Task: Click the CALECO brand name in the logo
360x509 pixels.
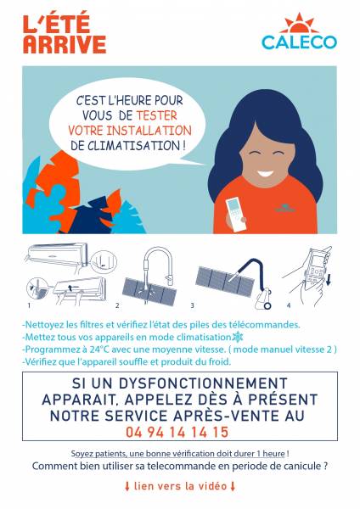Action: (299, 42)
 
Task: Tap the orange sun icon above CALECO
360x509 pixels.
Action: (299, 24)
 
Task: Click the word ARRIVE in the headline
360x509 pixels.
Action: (65, 44)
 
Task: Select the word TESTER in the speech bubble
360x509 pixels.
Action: (156, 115)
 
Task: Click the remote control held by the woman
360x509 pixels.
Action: (236, 215)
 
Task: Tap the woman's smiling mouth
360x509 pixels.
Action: (266, 173)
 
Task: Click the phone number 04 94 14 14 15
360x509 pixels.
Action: (177, 432)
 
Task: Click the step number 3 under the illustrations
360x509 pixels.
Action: (193, 305)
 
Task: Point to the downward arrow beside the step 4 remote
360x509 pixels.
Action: (328, 279)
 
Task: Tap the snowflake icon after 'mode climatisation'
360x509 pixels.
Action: (238, 337)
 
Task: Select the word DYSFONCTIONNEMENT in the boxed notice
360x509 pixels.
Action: (203, 383)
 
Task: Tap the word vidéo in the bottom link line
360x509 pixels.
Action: (212, 486)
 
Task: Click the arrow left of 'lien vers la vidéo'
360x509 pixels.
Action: (127, 486)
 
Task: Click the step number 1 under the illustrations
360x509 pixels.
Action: (29, 305)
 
